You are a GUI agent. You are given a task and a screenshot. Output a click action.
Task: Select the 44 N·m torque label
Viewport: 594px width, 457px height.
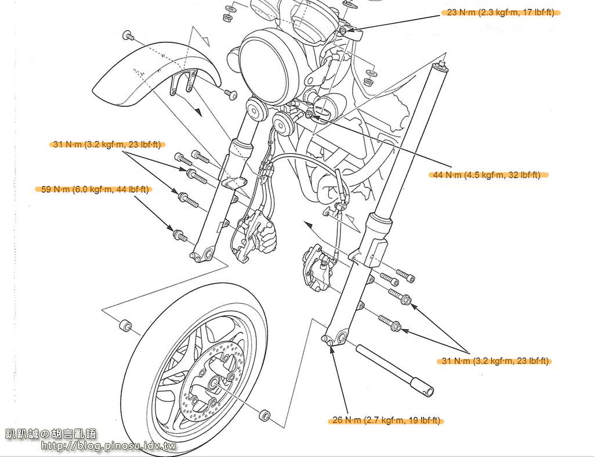click(486, 175)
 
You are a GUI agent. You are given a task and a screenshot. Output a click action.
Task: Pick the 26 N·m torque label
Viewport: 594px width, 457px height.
click(387, 420)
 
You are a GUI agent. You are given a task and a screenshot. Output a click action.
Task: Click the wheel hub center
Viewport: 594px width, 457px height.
click(212, 383)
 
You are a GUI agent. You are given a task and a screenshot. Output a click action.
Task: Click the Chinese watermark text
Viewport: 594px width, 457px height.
click(51, 434)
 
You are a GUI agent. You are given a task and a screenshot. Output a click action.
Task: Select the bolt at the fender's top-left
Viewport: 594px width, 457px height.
click(128, 35)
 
